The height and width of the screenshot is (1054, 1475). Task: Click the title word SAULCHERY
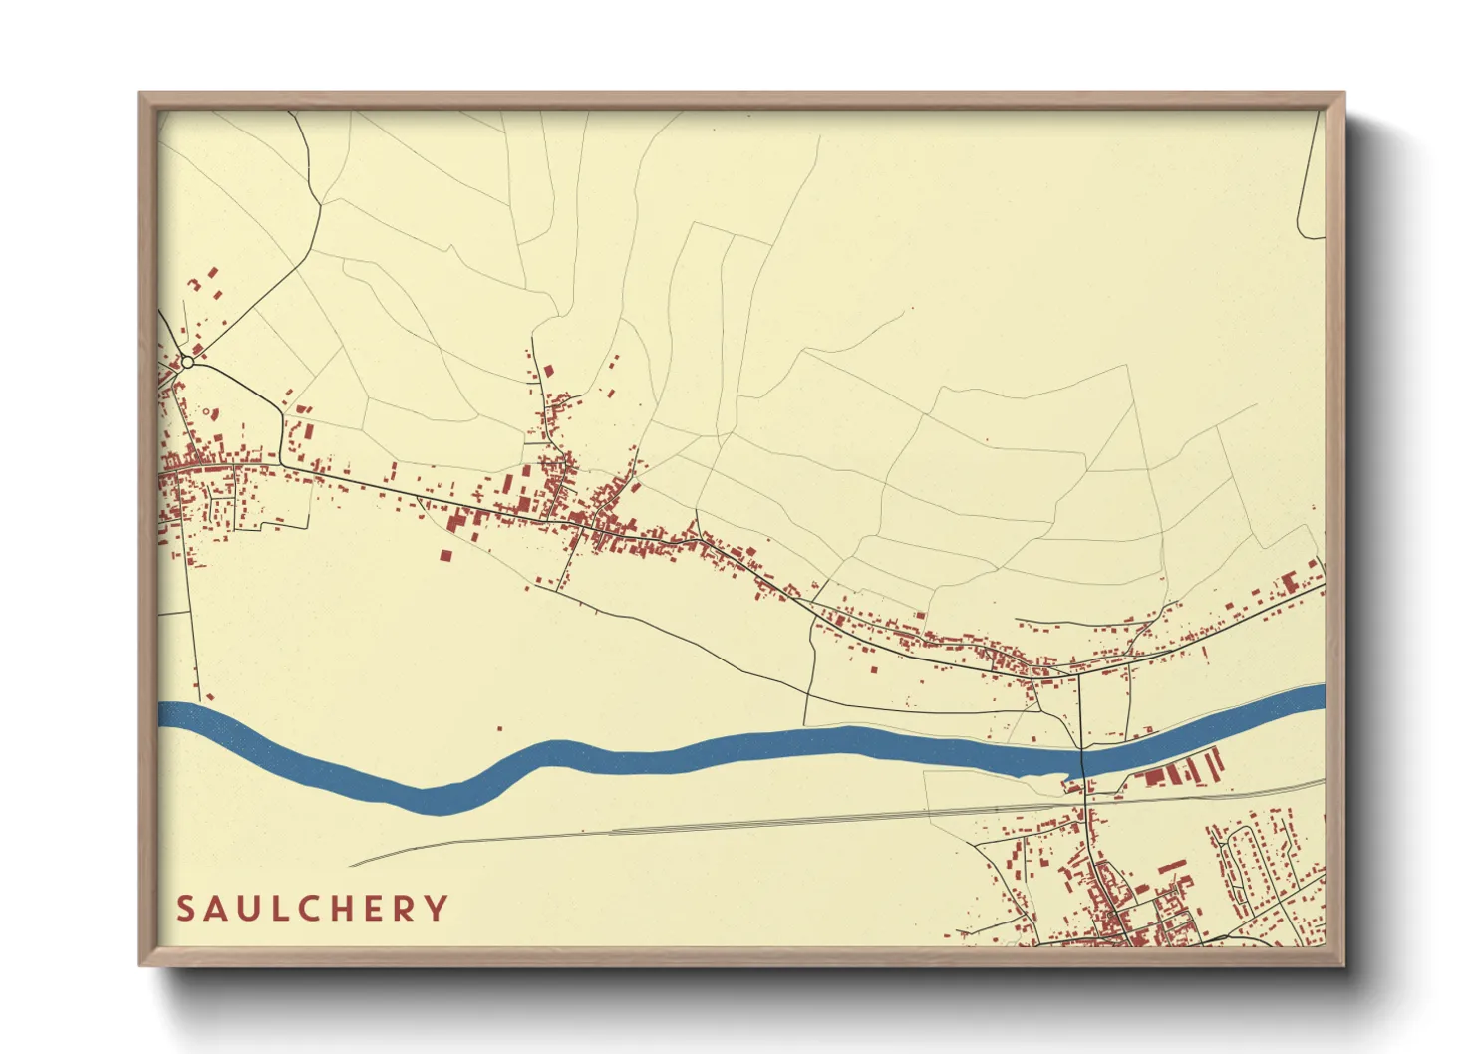pyautogui.click(x=312, y=909)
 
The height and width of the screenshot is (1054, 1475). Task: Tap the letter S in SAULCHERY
pyautogui.click(x=185, y=909)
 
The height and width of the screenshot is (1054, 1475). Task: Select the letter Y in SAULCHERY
pyautogui.click(x=436, y=909)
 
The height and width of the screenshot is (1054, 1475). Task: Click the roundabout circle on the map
pyautogui.click(x=187, y=363)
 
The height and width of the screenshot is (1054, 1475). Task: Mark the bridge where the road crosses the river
pyautogui.click(x=1081, y=759)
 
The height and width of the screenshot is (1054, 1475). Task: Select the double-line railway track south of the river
pyautogui.click(x=797, y=823)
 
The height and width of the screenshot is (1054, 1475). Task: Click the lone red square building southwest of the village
pyautogui.click(x=445, y=555)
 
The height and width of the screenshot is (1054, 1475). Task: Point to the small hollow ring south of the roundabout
pyautogui.click(x=207, y=410)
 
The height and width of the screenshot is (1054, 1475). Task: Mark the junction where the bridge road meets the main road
pyautogui.click(x=1080, y=674)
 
